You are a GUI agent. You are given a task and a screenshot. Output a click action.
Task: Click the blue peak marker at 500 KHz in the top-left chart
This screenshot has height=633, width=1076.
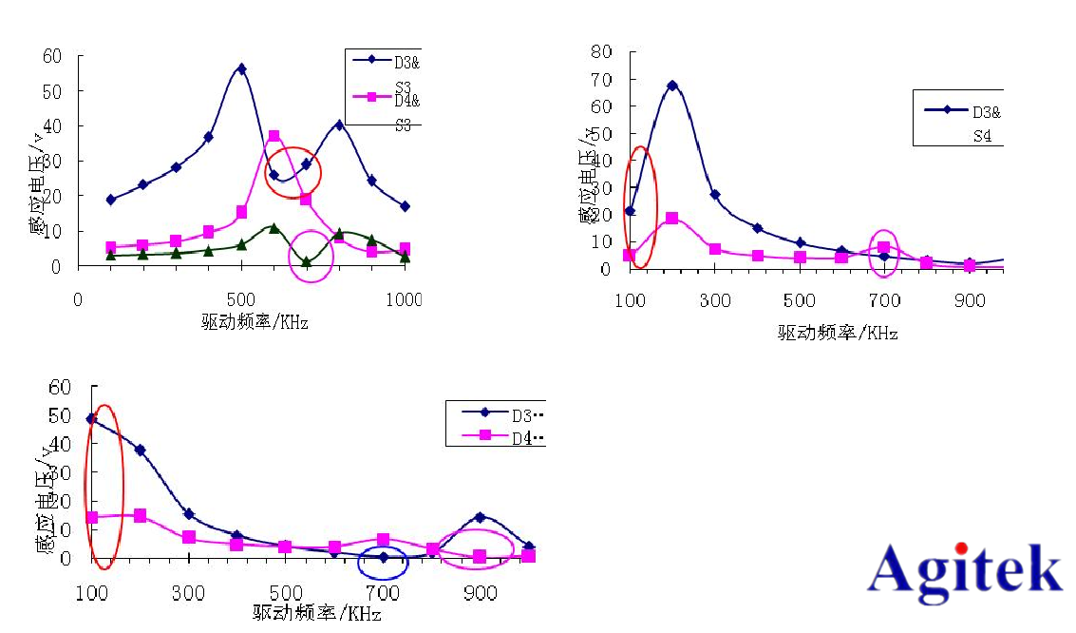[x=242, y=68]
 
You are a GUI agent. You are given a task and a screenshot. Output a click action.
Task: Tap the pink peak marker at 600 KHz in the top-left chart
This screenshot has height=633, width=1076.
[x=274, y=136]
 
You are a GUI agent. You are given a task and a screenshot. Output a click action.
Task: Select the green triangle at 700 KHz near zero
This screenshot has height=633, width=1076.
[x=306, y=262]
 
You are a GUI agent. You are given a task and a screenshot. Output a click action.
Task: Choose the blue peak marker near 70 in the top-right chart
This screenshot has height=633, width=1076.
[x=672, y=86]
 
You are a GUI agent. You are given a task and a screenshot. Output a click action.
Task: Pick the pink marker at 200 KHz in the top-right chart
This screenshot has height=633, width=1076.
[x=672, y=218]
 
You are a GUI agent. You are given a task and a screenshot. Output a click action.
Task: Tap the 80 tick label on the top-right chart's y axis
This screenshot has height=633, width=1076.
[x=600, y=51]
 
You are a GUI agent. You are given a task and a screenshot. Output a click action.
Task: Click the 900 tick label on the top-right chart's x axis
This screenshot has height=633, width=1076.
[x=970, y=300]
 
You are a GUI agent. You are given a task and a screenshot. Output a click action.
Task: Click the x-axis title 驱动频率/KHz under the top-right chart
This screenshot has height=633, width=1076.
[x=838, y=333]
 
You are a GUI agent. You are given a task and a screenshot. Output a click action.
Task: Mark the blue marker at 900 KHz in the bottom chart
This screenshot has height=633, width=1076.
[x=481, y=517]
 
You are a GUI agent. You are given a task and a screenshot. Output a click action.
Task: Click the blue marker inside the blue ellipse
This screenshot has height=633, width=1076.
[x=384, y=558]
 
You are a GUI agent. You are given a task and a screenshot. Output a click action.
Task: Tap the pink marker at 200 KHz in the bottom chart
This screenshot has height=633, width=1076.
[x=141, y=515]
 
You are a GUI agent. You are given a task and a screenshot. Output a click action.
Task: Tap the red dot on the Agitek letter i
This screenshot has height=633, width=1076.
[x=961, y=547]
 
